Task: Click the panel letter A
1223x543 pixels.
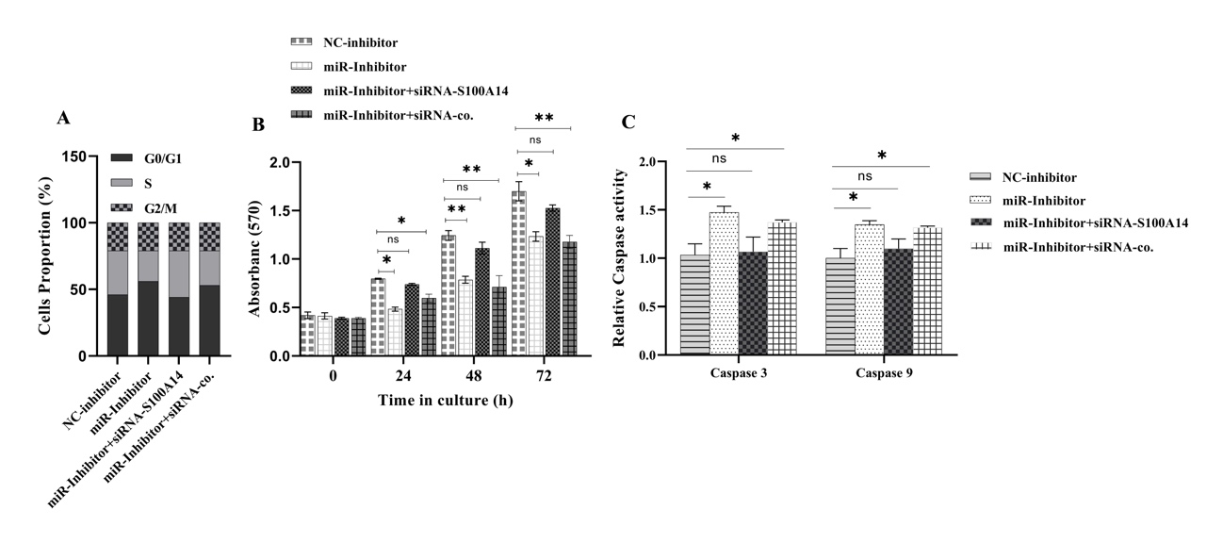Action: click(x=63, y=118)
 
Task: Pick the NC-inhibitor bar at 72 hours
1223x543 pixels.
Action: click(x=518, y=272)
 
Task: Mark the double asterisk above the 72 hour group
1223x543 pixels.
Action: click(x=544, y=118)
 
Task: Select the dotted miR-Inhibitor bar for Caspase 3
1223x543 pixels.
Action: click(x=724, y=283)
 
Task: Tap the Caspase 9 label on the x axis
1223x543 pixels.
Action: click(x=883, y=372)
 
